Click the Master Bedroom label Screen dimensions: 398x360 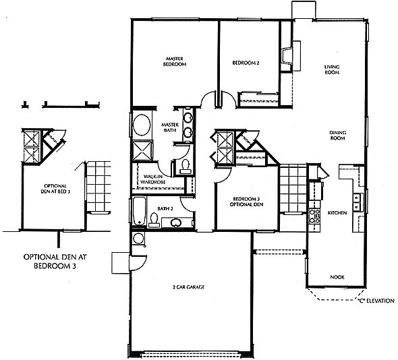[x=175, y=61]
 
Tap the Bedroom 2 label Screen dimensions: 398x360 [x=246, y=63]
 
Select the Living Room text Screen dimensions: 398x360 [x=332, y=69]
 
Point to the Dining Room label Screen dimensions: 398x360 [x=337, y=136]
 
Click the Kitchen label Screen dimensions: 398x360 [x=337, y=212]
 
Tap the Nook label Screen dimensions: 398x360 [x=337, y=277]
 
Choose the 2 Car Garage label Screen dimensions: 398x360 [x=188, y=287]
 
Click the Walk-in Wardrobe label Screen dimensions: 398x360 [x=153, y=179]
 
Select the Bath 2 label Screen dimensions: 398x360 [x=165, y=208]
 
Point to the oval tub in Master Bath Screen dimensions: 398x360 [x=142, y=125]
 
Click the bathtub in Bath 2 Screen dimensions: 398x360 [x=140, y=211]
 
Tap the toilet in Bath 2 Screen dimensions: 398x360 [x=153, y=220]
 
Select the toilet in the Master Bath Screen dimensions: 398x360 [x=185, y=167]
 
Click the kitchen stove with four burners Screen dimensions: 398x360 [x=314, y=216]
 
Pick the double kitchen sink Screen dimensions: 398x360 [x=357, y=202]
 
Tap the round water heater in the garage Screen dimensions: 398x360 [x=138, y=239]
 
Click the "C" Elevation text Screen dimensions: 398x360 [x=376, y=301]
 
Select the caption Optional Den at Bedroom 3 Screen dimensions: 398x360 [x=55, y=262]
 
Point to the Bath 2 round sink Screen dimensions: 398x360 [x=176, y=223]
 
